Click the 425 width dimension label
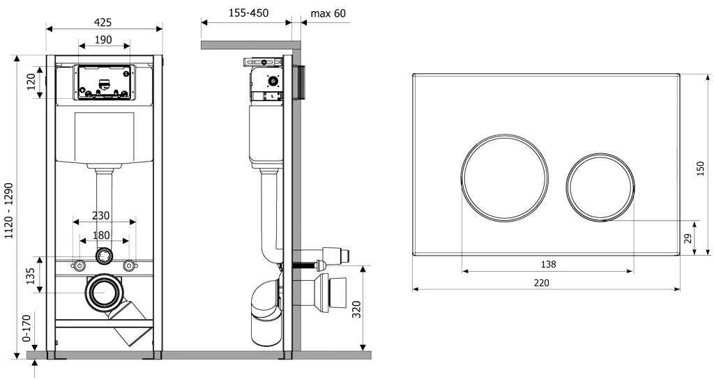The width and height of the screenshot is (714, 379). coord(103,22)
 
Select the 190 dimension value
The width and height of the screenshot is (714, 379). coord(103,40)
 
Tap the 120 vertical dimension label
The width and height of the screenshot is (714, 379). coord(31,82)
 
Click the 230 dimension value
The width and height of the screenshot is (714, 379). coord(100,215)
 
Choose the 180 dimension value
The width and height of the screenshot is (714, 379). coord(101,235)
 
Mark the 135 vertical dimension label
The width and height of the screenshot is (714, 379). coord(30,276)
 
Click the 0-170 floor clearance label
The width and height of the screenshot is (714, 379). coord(26,327)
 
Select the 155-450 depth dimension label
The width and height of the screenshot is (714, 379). coord(249,13)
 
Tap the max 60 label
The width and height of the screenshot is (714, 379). coord(328,13)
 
